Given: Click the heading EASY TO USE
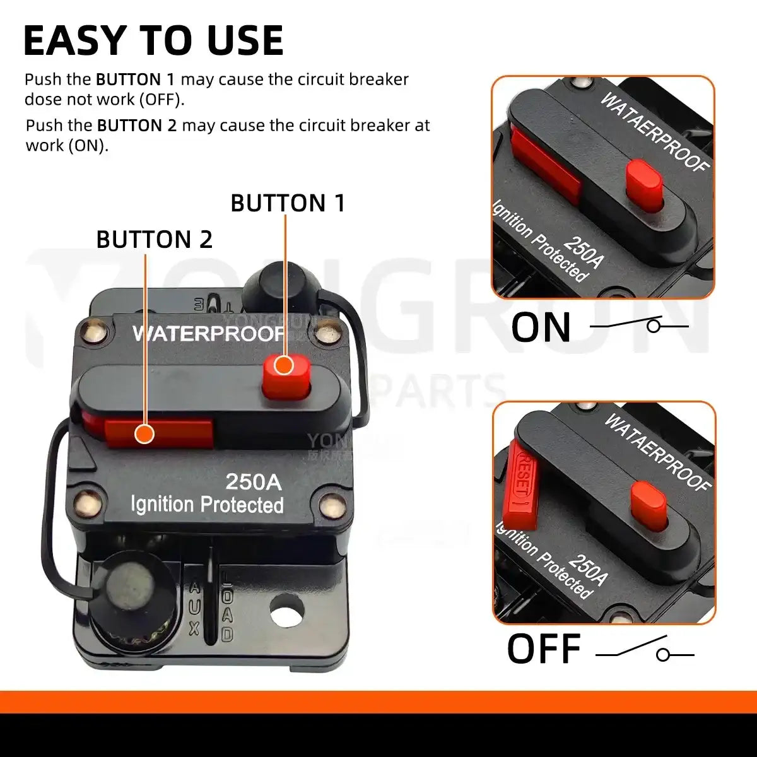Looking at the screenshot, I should coord(153,41).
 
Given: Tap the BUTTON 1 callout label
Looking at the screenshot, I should coord(288,203).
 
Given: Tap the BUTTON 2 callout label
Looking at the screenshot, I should coord(154,240).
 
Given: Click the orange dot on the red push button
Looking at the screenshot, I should coord(285,365).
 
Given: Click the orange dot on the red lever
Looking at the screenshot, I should coord(145,434).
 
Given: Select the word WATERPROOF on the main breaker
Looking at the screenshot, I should coord(208,333).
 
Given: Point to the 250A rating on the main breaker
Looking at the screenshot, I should coord(254,482).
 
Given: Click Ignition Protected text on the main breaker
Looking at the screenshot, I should coord(207,505).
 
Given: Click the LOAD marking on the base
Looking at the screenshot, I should coord(227,609).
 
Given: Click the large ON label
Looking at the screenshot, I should coord(541,327).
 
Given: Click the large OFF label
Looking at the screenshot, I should coord(543,649).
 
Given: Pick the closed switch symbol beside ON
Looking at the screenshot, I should coord(638,325).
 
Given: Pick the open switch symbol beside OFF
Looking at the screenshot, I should coord(645,651).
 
